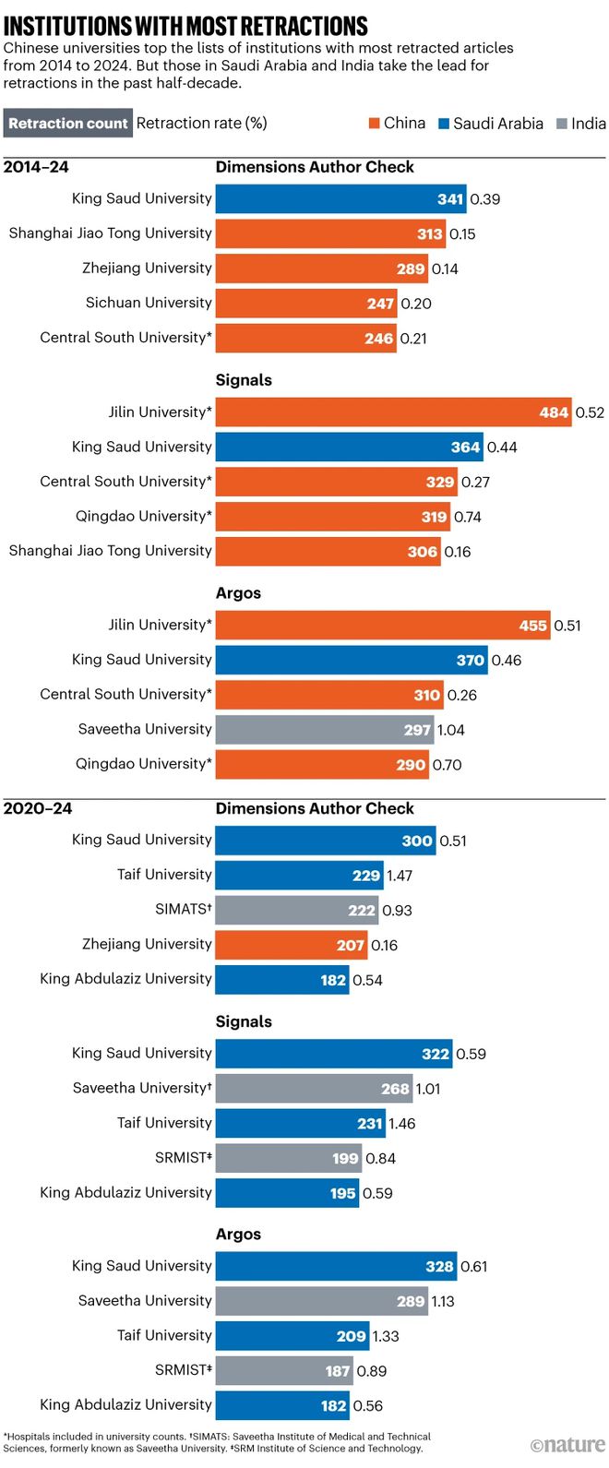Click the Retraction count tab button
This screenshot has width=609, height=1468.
(67, 124)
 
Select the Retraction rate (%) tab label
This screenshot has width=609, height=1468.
(201, 124)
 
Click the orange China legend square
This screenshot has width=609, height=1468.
(375, 124)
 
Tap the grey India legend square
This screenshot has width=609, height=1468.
(562, 124)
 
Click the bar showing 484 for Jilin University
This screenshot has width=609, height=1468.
(393, 412)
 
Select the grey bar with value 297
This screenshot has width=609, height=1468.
(324, 730)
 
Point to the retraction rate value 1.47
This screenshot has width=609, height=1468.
(400, 876)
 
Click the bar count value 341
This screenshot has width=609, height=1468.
(450, 199)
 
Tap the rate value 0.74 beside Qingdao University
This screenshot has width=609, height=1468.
(468, 517)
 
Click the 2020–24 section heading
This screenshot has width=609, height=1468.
(38, 809)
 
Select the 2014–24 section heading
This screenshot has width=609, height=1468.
(36, 167)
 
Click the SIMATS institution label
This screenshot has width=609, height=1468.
(183, 910)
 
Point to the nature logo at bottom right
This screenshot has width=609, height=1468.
(567, 1445)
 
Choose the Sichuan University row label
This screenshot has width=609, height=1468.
(149, 303)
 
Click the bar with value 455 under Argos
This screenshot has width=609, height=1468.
(382, 626)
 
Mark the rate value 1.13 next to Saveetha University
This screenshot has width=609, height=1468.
(443, 1302)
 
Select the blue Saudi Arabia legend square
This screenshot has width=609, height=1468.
(444, 124)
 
